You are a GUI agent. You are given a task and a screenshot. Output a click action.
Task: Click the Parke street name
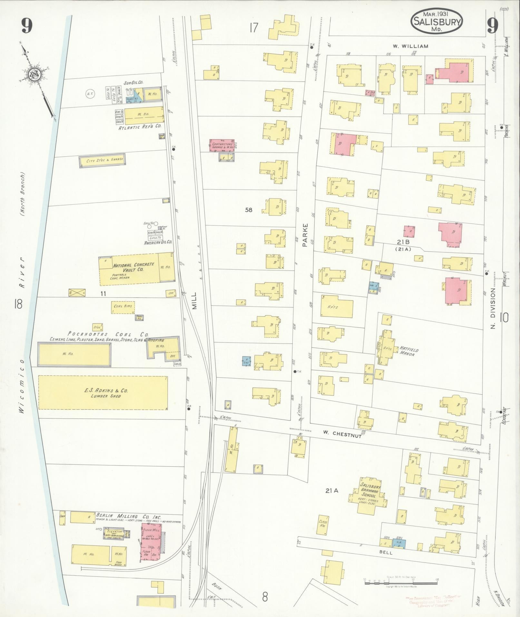[305, 235]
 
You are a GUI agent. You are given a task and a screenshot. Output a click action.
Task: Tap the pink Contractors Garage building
[222, 145]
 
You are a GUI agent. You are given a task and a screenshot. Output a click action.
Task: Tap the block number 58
[249, 210]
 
